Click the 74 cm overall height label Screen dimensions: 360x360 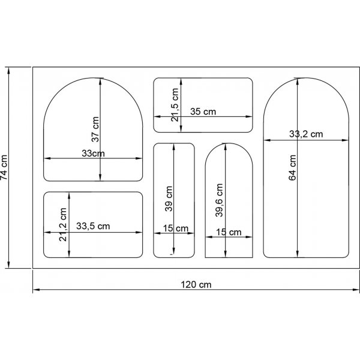(5, 167)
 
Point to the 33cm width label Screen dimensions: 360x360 (93, 154)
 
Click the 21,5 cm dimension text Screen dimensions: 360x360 (175, 105)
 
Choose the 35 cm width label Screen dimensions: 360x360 (203, 111)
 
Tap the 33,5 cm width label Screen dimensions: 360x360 (93, 227)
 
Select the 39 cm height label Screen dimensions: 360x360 (169, 201)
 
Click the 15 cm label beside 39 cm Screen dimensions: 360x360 (176, 228)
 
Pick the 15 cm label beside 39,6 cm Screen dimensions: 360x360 (229, 232)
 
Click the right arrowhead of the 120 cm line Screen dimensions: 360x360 (356, 290)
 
